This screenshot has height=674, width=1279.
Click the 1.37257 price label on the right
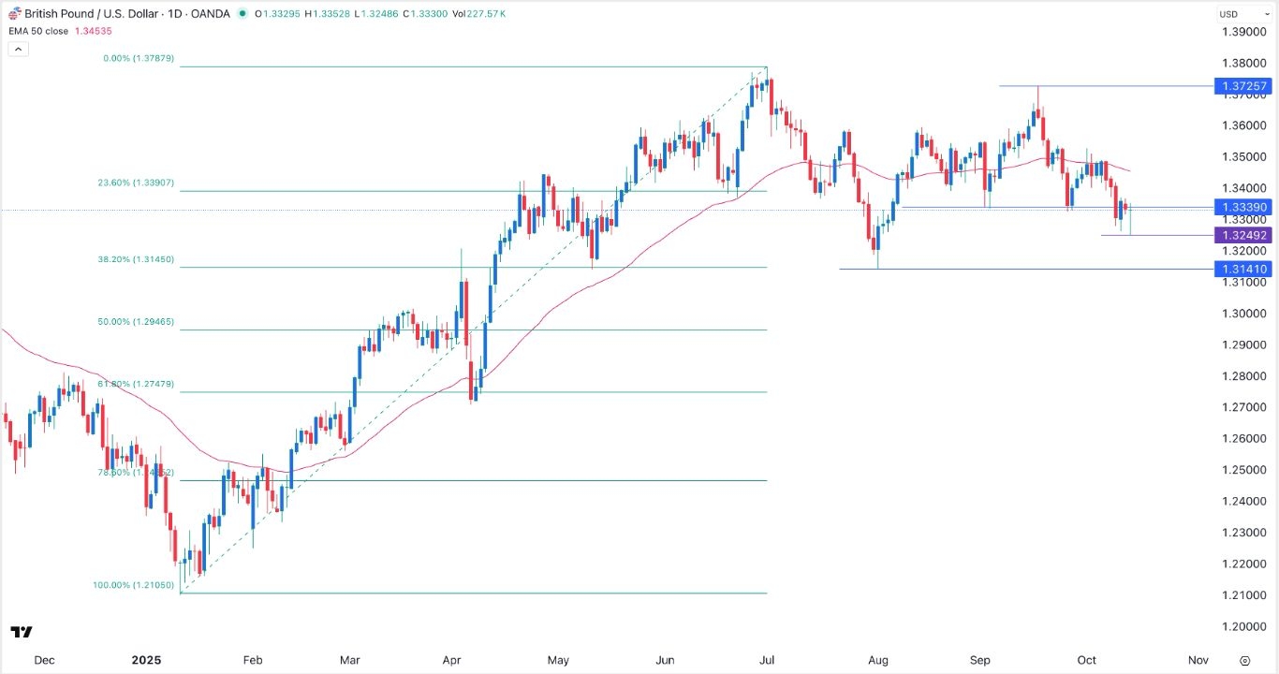tap(1242, 86)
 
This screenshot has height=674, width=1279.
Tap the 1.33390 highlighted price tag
tap(1242, 207)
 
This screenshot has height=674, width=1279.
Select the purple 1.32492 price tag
tap(1242, 235)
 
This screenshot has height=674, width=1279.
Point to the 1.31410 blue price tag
tap(1242, 269)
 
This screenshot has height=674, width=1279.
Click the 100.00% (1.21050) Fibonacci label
tap(134, 585)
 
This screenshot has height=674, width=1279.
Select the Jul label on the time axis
tap(767, 660)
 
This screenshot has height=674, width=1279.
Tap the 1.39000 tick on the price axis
tap(1244, 32)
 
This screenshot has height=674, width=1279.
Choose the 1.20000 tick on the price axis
tap(1244, 626)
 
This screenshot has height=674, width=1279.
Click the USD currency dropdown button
tap(1233, 14)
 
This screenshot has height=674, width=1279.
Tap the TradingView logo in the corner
tap(22, 632)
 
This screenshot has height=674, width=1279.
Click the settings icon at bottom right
tap(1244, 660)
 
